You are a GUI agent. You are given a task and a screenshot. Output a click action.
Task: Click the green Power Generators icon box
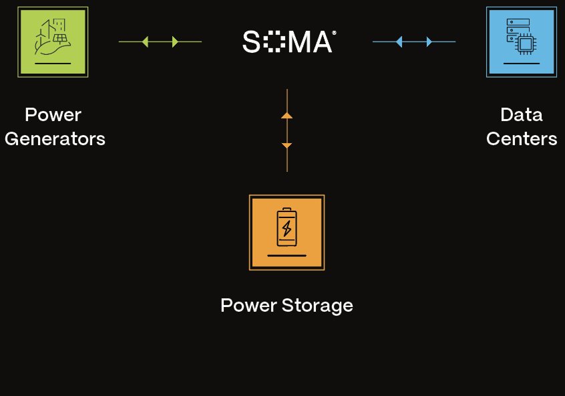[53, 41]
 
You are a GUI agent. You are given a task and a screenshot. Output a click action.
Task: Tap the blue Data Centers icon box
[522, 41]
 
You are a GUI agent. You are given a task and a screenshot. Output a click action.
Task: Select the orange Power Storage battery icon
[287, 232]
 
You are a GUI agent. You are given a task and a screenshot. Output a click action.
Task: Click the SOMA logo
[288, 42]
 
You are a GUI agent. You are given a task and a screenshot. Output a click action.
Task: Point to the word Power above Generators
[53, 115]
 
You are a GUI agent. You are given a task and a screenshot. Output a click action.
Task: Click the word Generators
[55, 139]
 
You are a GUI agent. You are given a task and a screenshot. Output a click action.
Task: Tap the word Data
[521, 115]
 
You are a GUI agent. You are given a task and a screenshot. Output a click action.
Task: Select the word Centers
[522, 139]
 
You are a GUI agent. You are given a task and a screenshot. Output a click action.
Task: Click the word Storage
[317, 306]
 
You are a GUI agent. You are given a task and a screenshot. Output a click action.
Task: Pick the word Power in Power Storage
[248, 306]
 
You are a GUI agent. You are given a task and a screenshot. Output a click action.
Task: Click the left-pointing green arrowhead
[145, 41]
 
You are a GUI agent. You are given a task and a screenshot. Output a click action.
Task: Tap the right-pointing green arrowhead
[175, 41]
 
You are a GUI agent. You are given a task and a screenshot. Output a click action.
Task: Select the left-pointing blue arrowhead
[399, 41]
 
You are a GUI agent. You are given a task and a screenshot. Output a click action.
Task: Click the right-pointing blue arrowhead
[429, 41]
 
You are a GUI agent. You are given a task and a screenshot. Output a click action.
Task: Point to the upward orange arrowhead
[287, 115]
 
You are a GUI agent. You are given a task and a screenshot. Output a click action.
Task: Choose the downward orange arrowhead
[287, 145]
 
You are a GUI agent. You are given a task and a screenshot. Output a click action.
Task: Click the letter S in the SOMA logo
[251, 42]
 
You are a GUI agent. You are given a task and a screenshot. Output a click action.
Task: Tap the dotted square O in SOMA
[274, 42]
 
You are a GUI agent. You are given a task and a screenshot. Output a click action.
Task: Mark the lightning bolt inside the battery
[287, 229]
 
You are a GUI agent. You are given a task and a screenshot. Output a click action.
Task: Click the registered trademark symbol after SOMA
[334, 32]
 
